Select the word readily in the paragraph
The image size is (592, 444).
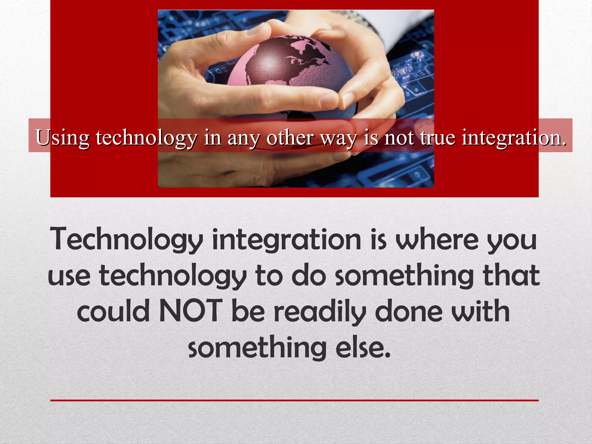(320, 312)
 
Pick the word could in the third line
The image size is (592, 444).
(113, 311)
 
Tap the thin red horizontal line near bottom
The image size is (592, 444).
(294, 400)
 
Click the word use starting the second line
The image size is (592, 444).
(69, 276)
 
